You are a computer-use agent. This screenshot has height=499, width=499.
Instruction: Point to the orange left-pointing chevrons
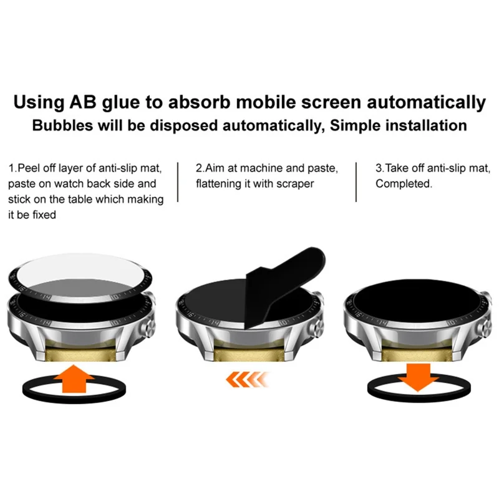(x=246, y=379)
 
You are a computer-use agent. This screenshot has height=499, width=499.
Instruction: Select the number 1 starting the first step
(x=12, y=168)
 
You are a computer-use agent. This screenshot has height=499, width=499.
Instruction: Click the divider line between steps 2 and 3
(x=357, y=182)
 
